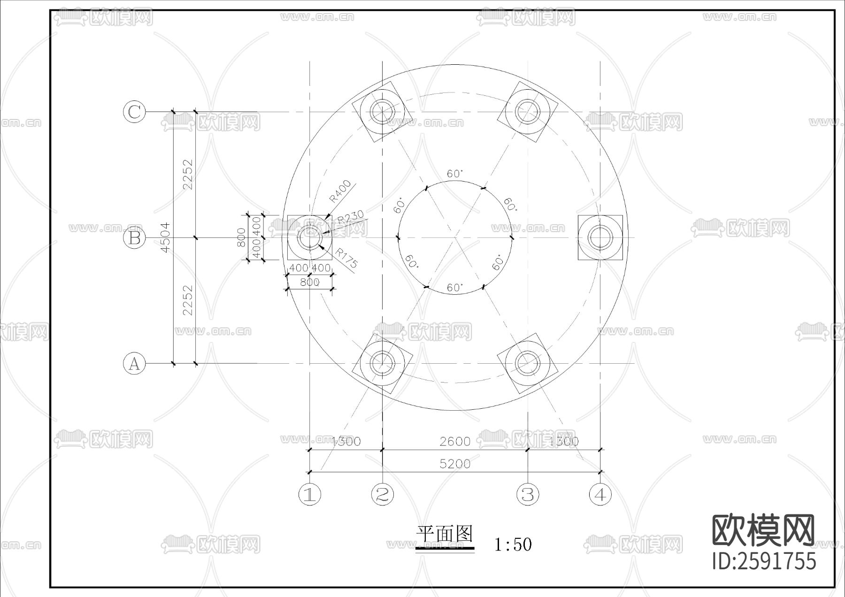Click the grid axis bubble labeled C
134,112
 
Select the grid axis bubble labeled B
134,238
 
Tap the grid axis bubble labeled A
134,364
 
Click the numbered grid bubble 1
310,494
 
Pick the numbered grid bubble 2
383,494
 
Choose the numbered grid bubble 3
528,494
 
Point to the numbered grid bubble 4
600,494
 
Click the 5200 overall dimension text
455,464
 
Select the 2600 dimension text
455,441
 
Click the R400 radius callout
340,191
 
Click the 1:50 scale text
513,544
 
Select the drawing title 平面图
444,535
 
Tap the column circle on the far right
600,237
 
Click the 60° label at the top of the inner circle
454,174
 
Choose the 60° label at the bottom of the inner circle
454,287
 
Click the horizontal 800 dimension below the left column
310,282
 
